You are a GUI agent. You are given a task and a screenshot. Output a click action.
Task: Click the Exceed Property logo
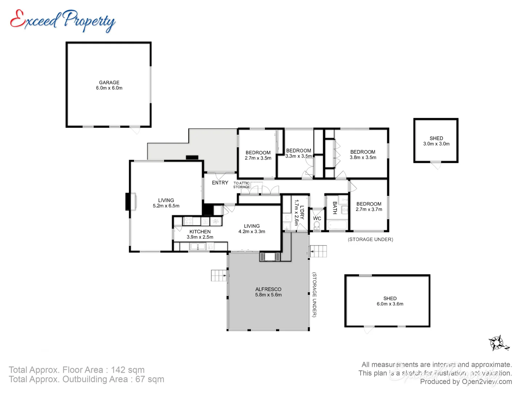point(63,20)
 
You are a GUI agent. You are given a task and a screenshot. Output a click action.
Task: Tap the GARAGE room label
point(109,83)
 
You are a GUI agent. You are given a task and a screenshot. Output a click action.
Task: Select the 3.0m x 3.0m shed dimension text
point(436,144)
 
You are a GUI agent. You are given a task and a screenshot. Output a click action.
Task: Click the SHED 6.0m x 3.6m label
point(390,301)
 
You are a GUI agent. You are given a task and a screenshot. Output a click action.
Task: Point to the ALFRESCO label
point(268,289)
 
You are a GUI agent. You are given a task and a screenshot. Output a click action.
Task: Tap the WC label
point(317,218)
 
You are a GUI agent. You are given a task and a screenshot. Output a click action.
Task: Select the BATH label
point(335,208)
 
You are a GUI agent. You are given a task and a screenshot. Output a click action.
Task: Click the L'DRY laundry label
point(302,212)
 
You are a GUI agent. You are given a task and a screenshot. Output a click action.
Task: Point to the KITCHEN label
point(200,231)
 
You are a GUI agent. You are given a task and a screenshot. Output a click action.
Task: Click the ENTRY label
point(220,183)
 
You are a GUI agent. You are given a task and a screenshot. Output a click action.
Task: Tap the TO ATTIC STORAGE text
point(242,185)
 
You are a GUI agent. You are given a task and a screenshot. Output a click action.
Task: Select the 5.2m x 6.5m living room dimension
point(166,206)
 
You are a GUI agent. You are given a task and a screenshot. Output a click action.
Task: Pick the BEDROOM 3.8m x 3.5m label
point(363,155)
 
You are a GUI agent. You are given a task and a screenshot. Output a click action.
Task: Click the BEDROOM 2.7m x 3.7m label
point(369,207)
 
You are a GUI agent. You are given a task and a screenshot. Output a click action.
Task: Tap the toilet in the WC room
point(317,226)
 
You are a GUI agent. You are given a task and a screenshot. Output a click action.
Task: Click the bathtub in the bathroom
point(337,226)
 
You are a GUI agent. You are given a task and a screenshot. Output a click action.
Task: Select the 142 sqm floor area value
point(128,370)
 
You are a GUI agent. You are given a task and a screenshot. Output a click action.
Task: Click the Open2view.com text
point(487,381)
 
